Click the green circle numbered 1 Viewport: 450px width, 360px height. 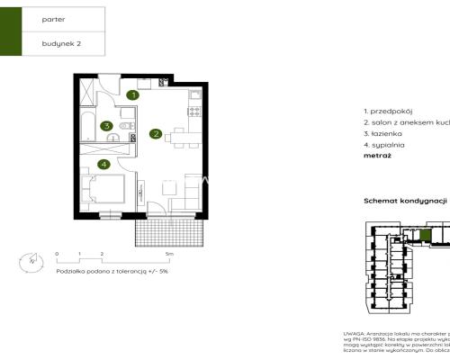point(132,94)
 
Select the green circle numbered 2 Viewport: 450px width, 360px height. point(156,135)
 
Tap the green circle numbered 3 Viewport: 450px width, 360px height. point(106,127)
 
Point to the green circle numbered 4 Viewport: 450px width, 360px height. point(105,164)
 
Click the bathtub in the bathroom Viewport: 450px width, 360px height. point(87,127)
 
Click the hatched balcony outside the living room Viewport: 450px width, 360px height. point(171,233)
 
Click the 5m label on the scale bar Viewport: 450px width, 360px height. point(167,255)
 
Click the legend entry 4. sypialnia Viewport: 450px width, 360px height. point(385,143)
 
